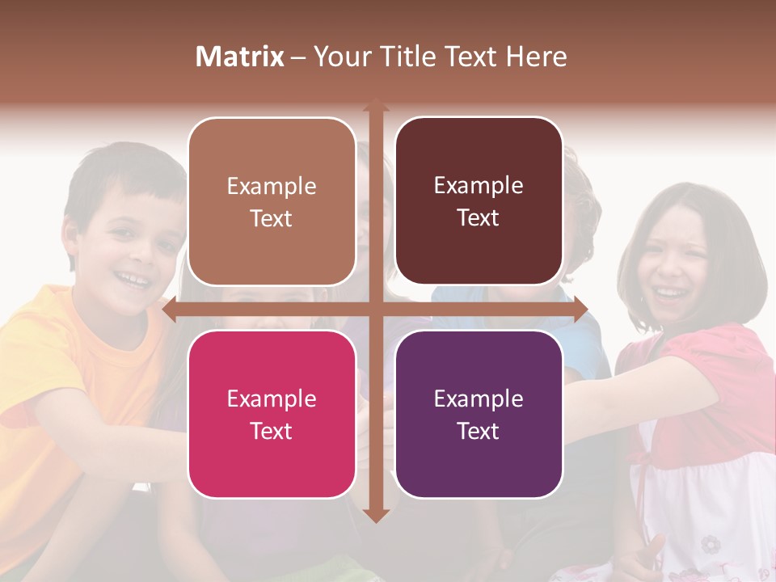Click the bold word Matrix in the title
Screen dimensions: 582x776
point(240,57)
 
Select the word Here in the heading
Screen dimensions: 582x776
point(537,57)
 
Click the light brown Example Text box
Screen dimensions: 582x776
point(272,202)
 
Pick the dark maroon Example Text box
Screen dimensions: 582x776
point(479,201)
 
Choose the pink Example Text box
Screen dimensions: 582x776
point(272,414)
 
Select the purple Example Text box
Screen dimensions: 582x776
point(479,414)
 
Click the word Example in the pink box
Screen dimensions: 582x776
point(272,399)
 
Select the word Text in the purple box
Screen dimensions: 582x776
point(479,431)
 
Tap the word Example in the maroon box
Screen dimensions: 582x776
point(479,186)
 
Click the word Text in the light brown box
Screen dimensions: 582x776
point(272,218)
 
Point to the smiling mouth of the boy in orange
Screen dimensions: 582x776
point(132,280)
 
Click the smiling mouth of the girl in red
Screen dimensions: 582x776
point(668,290)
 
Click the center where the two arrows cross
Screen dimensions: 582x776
point(375,310)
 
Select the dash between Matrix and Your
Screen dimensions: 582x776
point(298,57)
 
